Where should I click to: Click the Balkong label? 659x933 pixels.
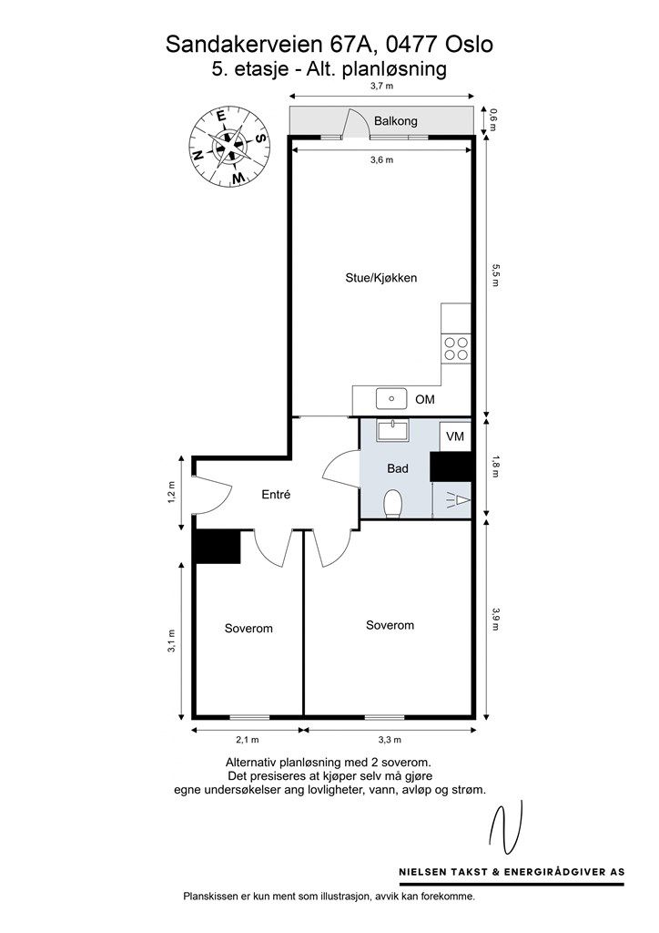pos(395,121)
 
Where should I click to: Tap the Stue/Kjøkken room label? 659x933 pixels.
pos(380,278)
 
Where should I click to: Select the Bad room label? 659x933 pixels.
pos(398,469)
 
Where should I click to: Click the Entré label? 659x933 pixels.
pos(276,495)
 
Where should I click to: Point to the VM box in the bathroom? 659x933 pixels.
pos(455,436)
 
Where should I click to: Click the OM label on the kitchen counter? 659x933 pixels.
pos(425,399)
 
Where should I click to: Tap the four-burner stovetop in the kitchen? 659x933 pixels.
pos(456,349)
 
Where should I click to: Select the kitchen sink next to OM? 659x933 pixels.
pos(391,399)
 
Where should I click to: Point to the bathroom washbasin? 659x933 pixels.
pos(393,430)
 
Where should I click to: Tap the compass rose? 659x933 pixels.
pos(228,147)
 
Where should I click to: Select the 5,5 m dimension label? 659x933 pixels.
pos(494,275)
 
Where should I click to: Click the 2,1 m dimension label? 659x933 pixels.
pos(248,740)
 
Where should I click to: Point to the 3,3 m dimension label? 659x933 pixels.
pos(390,740)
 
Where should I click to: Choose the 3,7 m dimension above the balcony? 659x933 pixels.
pos(382,86)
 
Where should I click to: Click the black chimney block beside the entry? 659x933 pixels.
pos(218,547)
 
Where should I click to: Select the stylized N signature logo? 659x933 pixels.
pos(505,827)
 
